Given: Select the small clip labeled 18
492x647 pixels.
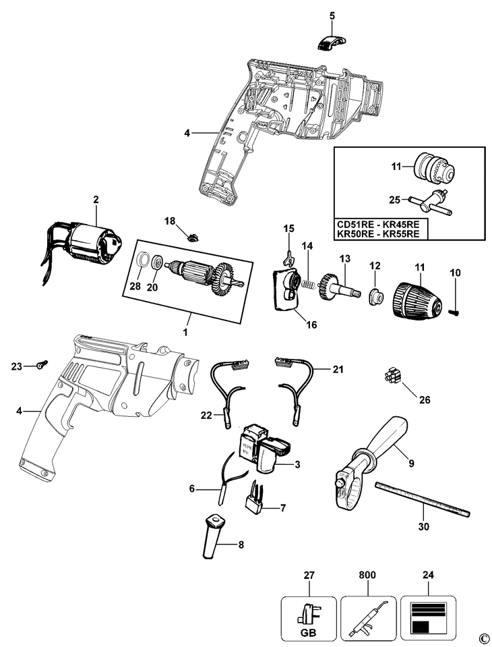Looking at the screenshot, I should (193, 235).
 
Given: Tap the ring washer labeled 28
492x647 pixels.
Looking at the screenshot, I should (143, 262).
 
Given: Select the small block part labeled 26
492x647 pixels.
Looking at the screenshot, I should (390, 376).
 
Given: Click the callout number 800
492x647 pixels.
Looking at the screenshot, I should (368, 574).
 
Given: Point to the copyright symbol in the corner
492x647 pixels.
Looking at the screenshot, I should (482, 638).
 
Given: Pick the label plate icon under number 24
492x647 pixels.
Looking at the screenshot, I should (427, 615).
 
